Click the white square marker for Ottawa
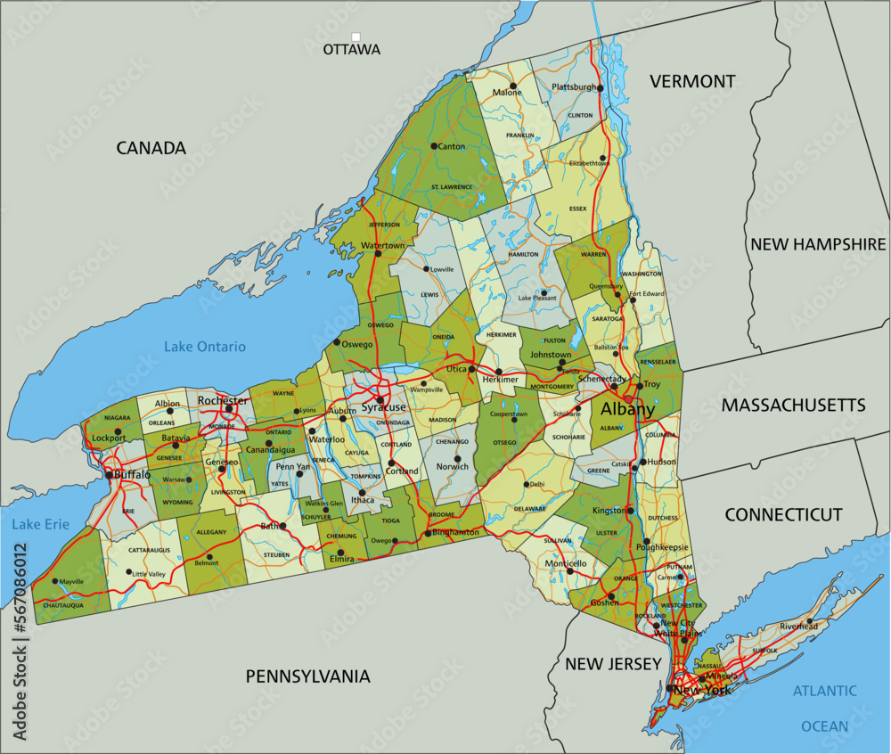point(356,37)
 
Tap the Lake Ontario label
point(205,347)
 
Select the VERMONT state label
point(692,82)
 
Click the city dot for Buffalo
point(110,475)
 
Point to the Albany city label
point(628,410)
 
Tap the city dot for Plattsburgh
point(601,88)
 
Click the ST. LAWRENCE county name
point(452,187)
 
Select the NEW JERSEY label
point(613,664)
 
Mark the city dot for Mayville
point(55,582)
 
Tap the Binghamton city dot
point(428,533)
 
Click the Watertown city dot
point(378,254)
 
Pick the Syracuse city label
point(383,407)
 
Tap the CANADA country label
point(151,149)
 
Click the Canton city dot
point(434,146)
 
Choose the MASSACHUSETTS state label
point(793,406)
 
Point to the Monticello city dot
point(569,571)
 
